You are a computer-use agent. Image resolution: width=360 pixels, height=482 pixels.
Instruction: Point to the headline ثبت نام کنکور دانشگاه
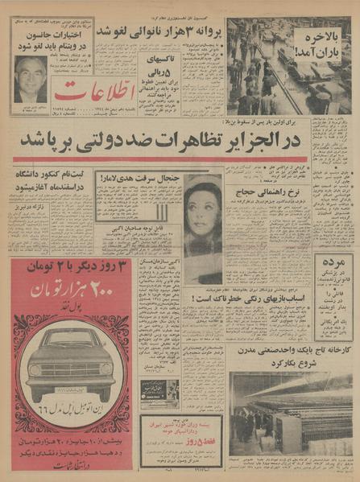pos(51,176)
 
